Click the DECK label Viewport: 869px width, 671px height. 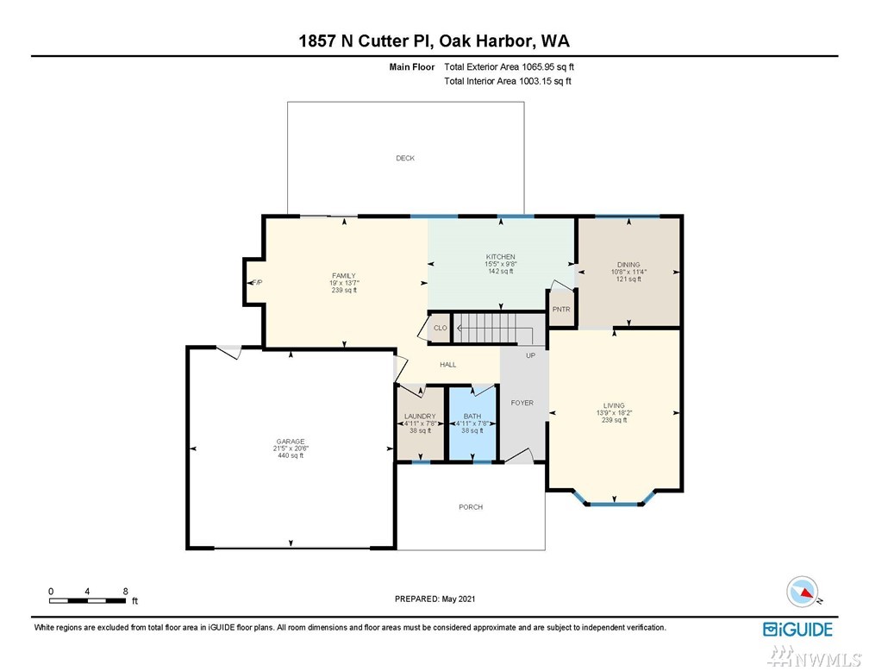(405, 158)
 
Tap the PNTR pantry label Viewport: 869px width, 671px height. (561, 310)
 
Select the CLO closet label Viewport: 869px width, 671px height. (440, 328)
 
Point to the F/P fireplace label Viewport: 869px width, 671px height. (257, 282)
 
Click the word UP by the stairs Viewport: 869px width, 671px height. (530, 355)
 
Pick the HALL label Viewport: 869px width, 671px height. (447, 364)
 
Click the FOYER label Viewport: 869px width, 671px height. (522, 403)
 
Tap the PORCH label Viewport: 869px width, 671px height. (471, 507)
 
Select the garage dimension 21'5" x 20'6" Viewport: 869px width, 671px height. (291, 448)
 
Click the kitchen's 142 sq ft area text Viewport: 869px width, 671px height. (500, 271)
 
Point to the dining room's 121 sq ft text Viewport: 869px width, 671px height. (628, 279)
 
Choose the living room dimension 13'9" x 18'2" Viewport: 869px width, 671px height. (614, 412)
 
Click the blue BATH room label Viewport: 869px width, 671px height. (472, 416)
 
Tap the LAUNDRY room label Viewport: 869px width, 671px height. (420, 416)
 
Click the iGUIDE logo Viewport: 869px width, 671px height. (797, 630)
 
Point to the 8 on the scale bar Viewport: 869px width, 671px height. (126, 591)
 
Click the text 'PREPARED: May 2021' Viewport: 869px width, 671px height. (434, 599)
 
